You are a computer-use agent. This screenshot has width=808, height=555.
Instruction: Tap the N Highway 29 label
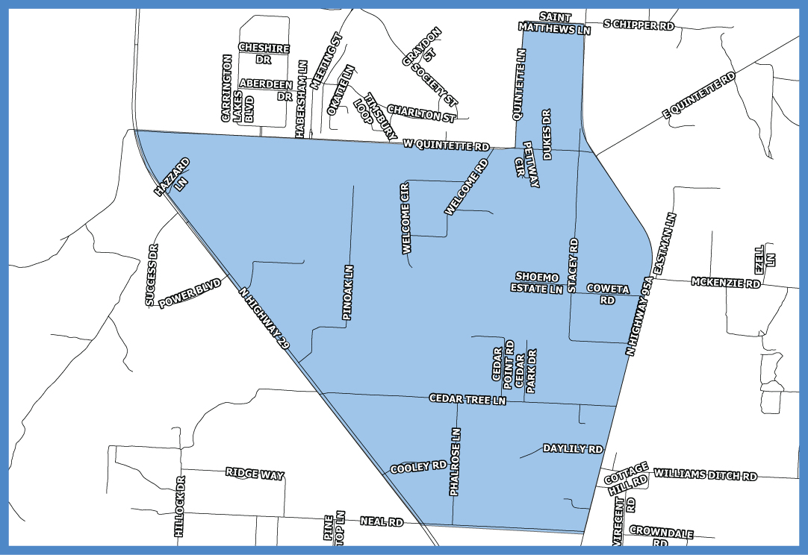264,319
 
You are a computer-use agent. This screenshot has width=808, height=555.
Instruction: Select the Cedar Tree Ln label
467,400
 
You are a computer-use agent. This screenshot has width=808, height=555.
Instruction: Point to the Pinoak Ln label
347,293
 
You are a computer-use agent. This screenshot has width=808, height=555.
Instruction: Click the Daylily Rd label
573,449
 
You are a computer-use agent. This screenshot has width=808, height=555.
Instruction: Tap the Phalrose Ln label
456,462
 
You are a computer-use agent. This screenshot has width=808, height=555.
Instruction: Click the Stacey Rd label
573,265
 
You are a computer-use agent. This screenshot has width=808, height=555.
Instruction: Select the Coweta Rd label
608,294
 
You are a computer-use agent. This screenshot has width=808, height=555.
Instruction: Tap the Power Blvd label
190,293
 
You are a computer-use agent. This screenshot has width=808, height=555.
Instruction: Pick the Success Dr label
152,275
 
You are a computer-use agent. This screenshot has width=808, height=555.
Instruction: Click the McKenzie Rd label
725,283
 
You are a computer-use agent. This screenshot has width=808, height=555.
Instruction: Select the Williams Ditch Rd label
705,474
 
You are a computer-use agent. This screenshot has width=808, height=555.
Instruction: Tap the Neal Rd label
381,521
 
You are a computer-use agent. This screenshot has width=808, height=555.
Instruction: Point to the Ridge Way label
255,473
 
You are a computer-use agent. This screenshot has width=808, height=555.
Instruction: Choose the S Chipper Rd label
638,25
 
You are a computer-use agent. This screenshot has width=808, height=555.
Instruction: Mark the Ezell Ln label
765,258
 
